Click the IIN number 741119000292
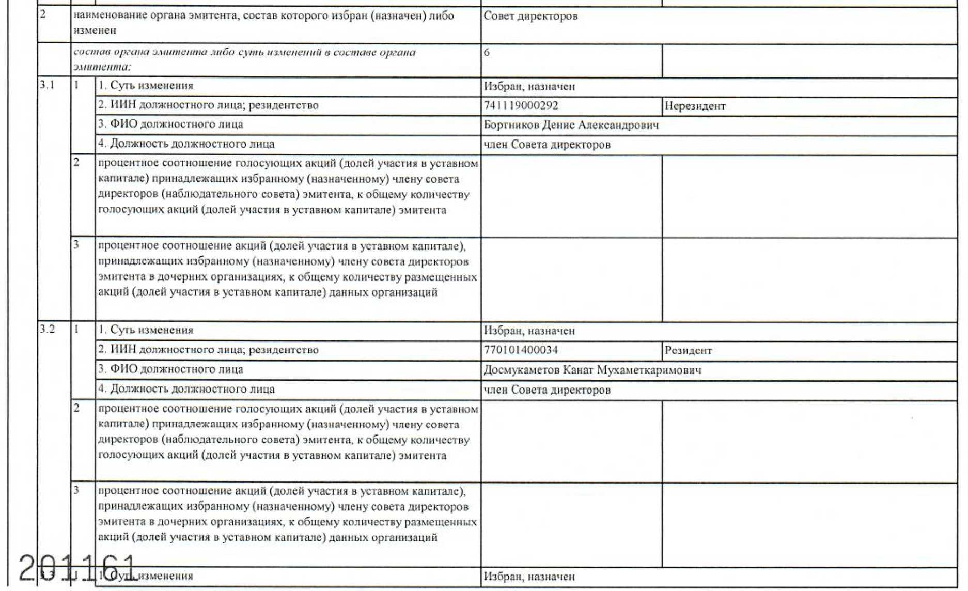tap(521, 106)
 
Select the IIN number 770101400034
tap(521, 350)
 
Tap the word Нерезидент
tap(695, 106)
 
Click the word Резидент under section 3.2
tap(688, 351)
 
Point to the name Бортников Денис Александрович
tap(571, 125)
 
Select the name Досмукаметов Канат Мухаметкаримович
tap(592, 370)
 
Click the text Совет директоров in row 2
tap(530, 17)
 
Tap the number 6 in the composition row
tap(487, 53)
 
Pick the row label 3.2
tap(47, 330)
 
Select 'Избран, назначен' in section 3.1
tap(529, 87)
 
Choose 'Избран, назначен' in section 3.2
tap(529, 331)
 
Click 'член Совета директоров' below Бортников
tap(547, 145)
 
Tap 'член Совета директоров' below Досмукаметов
tap(547, 390)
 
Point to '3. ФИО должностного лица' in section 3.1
tap(170, 125)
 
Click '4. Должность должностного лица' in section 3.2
tap(186, 389)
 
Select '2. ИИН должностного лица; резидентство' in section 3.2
tap(208, 350)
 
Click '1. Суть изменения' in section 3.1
tap(146, 86)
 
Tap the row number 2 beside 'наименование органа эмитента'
tap(43, 15)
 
